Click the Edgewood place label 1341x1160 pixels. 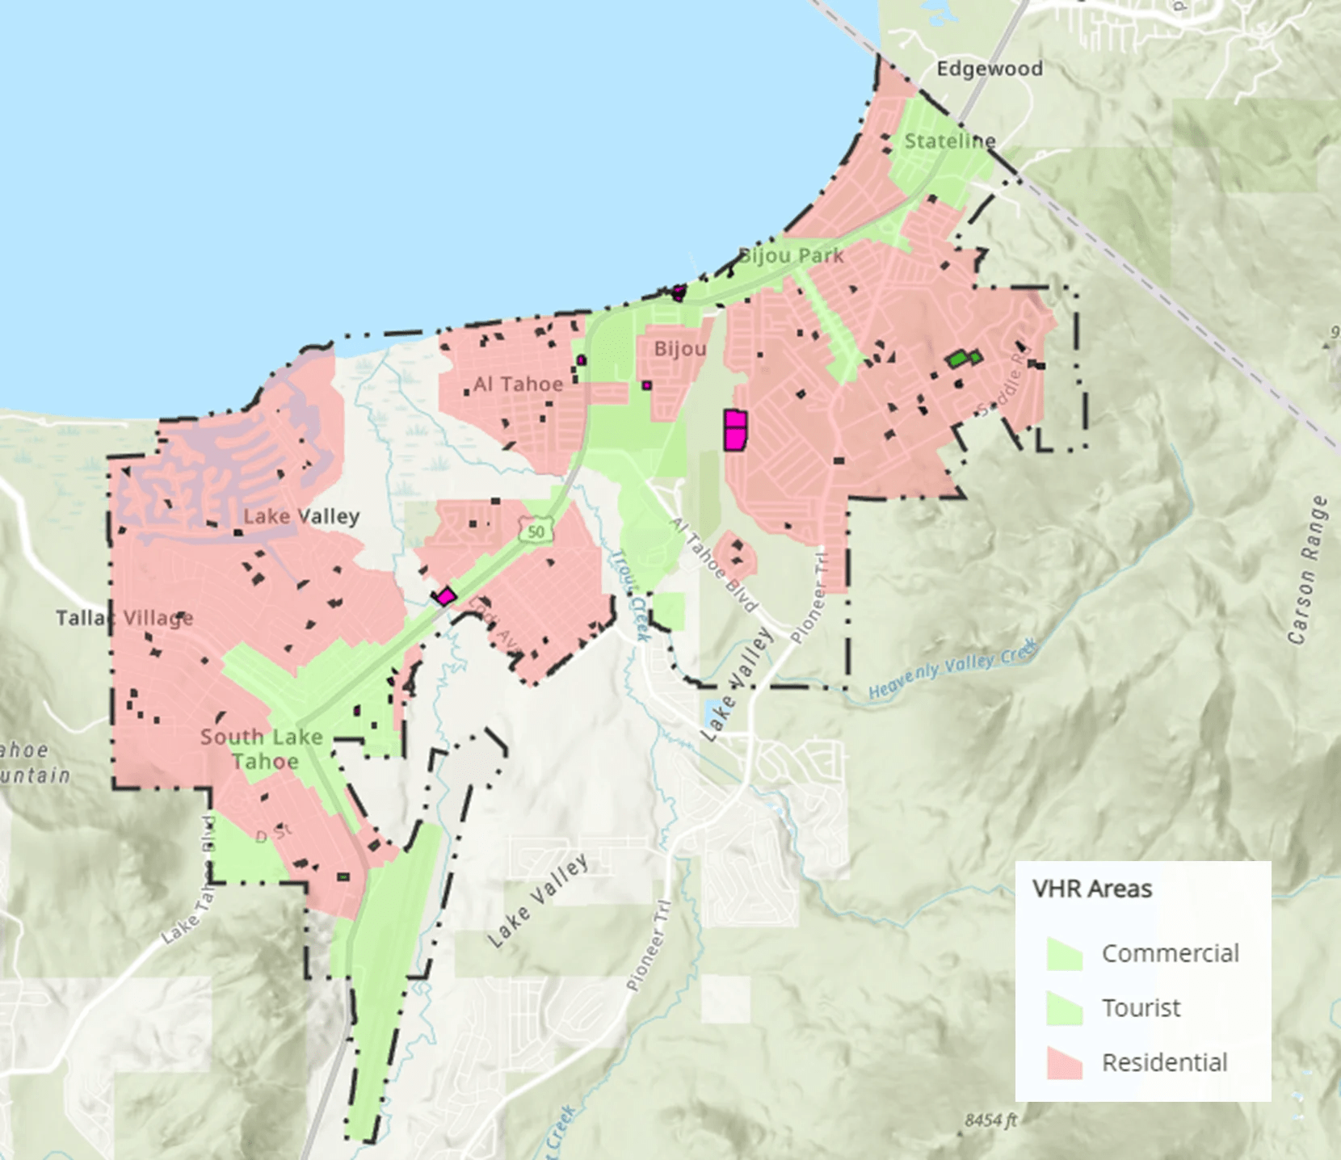pyautogui.click(x=989, y=69)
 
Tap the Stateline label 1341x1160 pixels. pyautogui.click(x=949, y=141)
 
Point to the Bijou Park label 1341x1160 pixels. pyautogui.click(x=792, y=256)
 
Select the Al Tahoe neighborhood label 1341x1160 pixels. pyautogui.click(x=518, y=384)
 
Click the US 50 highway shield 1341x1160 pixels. pyautogui.click(x=536, y=532)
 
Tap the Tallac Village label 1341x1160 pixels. pyautogui.click(x=124, y=618)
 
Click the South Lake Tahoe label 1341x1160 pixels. pyautogui.click(x=262, y=749)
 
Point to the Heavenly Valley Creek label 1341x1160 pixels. pyautogui.click(x=952, y=667)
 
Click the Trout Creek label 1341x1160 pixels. pyautogui.click(x=629, y=596)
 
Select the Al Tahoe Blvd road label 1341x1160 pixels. pyautogui.click(x=715, y=565)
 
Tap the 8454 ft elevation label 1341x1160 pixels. pyautogui.click(x=990, y=1120)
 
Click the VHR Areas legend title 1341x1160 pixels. pyautogui.click(x=1091, y=889)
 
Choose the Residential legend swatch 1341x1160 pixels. pyautogui.click(x=1064, y=1062)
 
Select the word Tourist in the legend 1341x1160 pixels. pyautogui.click(x=1141, y=1008)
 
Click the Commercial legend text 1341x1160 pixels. pyautogui.click(x=1170, y=953)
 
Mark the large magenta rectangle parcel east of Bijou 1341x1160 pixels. pyautogui.click(x=735, y=430)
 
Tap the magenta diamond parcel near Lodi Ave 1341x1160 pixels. pyautogui.click(x=444, y=597)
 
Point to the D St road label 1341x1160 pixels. pyautogui.click(x=273, y=833)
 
